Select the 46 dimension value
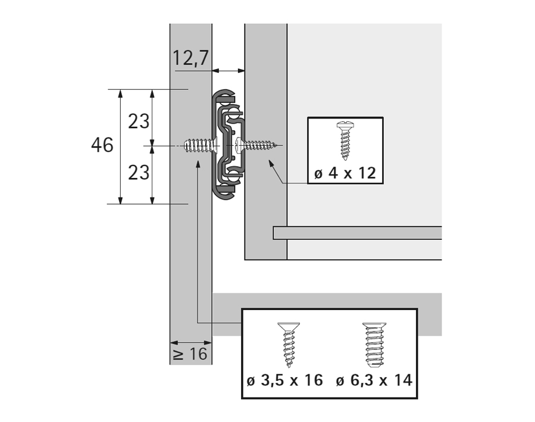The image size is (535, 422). coord(102,145)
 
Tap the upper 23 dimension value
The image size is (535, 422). coord(139,121)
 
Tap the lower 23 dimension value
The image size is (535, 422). coord(139,172)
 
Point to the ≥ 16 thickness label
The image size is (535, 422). coord(190,354)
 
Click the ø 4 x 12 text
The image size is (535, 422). coord(345,173)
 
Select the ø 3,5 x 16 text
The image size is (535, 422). coord(284,380)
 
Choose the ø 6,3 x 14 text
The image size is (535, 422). coord(374,380)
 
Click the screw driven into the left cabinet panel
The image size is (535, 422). coord(200,145)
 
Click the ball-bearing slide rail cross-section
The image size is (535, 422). coord(226,145)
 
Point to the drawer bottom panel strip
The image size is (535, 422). coord(357,233)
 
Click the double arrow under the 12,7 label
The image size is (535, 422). coord(229,71)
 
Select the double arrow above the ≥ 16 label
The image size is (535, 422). coord(191,343)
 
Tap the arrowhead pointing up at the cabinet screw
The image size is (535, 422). coord(197,163)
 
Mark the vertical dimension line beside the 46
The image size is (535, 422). coord(121,146)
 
